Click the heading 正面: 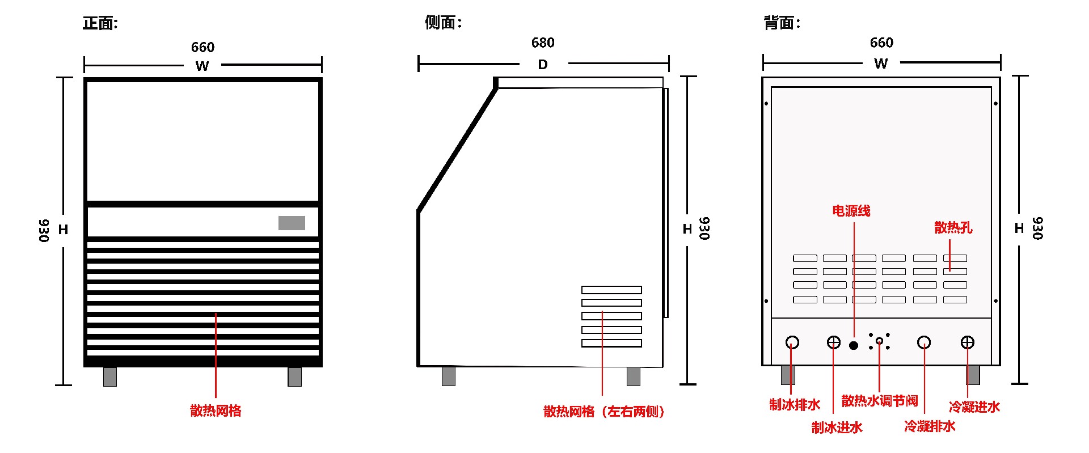point(100,23)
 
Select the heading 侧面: point(444,23)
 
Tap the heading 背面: point(782,23)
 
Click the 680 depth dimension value point(543,43)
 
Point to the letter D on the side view point(543,65)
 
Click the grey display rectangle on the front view point(292,223)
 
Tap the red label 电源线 point(851,211)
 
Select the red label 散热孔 point(953,227)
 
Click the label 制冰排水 point(795,404)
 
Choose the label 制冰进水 point(837,427)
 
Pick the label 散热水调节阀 point(880,401)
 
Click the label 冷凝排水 point(930,426)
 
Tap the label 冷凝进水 point(974,407)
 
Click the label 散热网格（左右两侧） point(604,412)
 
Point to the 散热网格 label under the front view point(216,410)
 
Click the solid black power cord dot point(854,345)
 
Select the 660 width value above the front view point(202,47)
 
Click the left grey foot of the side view point(449,376)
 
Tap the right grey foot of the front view point(294,376)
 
